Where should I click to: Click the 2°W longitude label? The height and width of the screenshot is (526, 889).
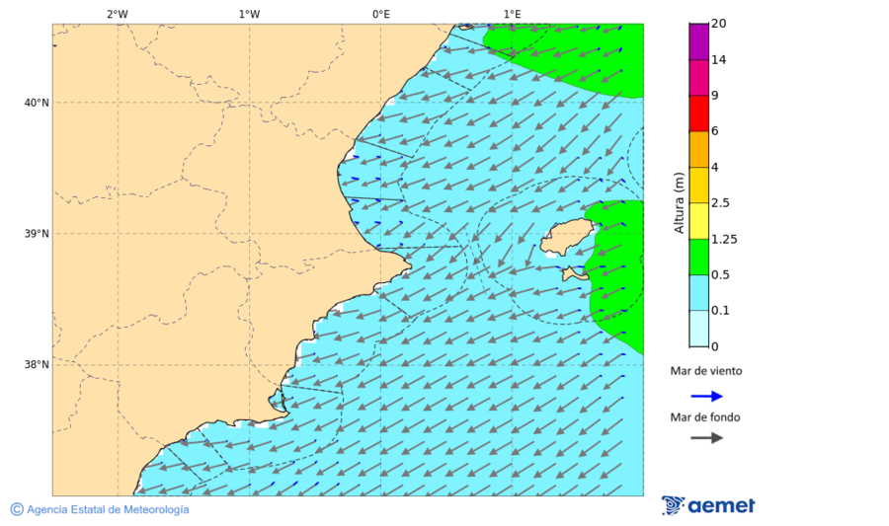[x=118, y=14]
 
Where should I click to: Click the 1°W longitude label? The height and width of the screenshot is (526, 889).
[x=249, y=14]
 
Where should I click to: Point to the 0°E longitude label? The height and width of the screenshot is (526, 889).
[x=380, y=14]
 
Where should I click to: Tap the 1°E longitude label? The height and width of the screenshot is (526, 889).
[x=512, y=14]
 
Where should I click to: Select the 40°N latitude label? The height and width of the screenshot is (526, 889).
[x=37, y=103]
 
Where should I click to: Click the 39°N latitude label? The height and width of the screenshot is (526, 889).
[x=37, y=234]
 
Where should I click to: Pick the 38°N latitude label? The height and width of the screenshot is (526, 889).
[x=37, y=365]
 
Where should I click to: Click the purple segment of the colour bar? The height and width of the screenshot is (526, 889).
[x=698, y=41]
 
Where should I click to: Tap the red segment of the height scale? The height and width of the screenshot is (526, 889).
[x=698, y=113]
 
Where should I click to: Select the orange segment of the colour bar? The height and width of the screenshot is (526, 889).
[x=698, y=149]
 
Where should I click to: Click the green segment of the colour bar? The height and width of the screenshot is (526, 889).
[x=698, y=257]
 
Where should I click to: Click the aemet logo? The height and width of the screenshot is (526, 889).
[x=708, y=505]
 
